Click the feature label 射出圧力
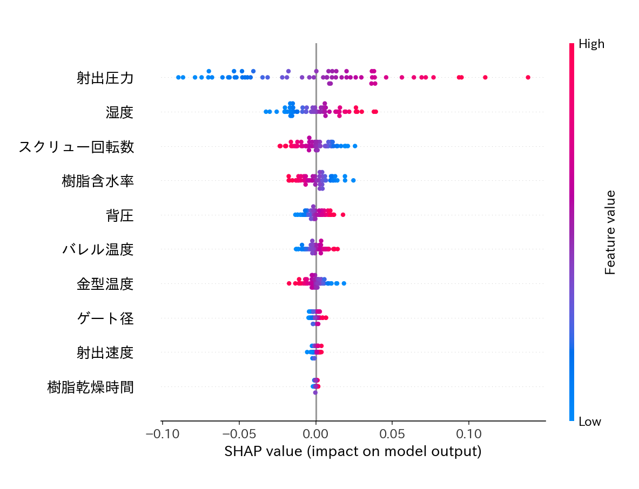click(x=105, y=78)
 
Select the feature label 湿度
click(x=119, y=112)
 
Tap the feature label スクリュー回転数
click(x=76, y=147)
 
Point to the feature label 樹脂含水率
click(x=98, y=181)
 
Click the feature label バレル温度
click(x=98, y=249)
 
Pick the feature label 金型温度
click(x=105, y=284)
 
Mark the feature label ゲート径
click(x=105, y=318)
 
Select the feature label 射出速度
click(x=105, y=352)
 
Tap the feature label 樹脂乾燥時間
click(x=90, y=386)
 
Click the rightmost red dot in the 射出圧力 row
click(x=528, y=78)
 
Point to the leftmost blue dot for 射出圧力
click(x=179, y=78)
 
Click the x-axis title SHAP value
click(x=353, y=451)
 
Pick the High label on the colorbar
click(x=591, y=44)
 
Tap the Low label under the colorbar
click(x=590, y=422)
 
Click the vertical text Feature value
click(x=610, y=232)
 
